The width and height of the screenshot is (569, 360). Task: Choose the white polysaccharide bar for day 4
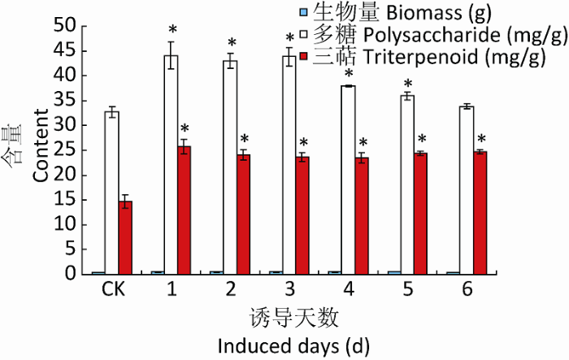tap(349, 180)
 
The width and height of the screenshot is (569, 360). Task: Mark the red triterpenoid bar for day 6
tap(480, 212)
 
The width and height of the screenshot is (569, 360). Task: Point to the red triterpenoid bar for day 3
tap(302, 215)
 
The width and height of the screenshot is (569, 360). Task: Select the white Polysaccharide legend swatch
tap(299, 35)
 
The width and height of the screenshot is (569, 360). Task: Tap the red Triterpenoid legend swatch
tap(299, 58)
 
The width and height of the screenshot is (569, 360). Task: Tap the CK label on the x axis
tap(113, 290)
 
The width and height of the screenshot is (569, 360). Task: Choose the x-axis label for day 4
tap(348, 290)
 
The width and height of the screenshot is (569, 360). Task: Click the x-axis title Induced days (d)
tap(293, 345)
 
